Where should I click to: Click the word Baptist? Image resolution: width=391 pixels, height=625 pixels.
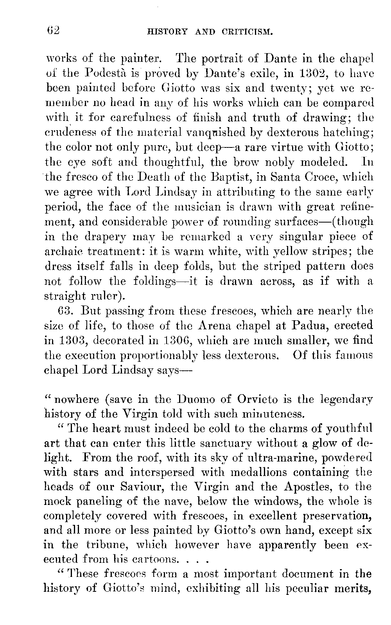(x=230, y=178)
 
